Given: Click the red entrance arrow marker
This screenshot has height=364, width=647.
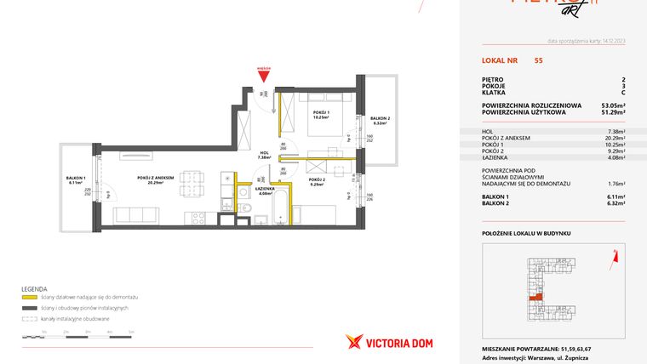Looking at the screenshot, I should (263, 75).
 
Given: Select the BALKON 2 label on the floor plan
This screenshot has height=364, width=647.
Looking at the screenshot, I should (380, 119).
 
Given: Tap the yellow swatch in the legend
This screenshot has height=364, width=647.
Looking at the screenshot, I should (28, 297).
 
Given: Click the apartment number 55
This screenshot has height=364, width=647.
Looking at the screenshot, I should (538, 60).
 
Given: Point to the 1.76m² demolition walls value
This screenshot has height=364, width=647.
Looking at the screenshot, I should (615, 183).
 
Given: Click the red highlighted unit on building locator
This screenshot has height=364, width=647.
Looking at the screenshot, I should (535, 298).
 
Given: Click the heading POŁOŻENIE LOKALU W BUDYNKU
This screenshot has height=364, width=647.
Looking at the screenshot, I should (525, 232).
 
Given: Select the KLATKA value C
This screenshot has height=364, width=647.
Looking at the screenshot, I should (623, 93).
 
